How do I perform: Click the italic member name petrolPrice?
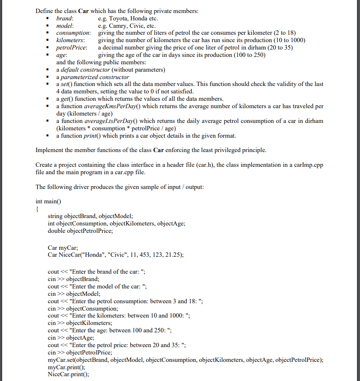pyautogui.click(x=72, y=47)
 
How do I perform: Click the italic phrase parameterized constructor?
pyautogui.click(x=93, y=77)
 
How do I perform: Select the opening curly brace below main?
pyautogui.click(x=37, y=209)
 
